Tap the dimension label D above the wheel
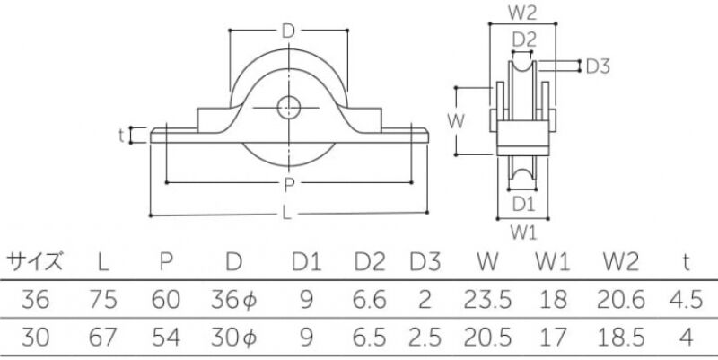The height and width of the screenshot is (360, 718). (x=288, y=31)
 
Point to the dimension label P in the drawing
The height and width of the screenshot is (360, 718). (x=289, y=185)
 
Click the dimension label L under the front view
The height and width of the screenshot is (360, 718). (x=287, y=213)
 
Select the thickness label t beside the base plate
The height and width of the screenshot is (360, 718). (x=121, y=136)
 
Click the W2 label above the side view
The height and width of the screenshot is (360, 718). (x=522, y=13)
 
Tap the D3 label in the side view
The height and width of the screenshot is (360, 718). (x=598, y=66)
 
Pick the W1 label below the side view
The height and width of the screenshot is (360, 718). (x=523, y=233)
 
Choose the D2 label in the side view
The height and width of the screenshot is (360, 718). (x=524, y=40)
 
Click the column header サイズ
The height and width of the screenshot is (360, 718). (x=34, y=262)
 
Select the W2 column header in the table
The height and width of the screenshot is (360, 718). (x=620, y=262)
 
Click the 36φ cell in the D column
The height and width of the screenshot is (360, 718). (x=234, y=301)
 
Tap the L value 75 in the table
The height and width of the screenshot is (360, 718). (x=103, y=300)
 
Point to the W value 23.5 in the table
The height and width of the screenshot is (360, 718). (x=487, y=300)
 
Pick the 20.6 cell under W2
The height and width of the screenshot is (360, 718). (x=620, y=300)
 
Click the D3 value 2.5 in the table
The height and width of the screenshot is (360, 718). (x=425, y=338)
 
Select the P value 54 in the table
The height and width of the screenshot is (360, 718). (x=166, y=338)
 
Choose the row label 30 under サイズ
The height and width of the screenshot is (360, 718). (x=35, y=338)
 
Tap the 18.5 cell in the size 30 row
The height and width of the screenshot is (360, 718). (x=621, y=338)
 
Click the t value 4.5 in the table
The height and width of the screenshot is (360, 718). (x=686, y=300)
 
